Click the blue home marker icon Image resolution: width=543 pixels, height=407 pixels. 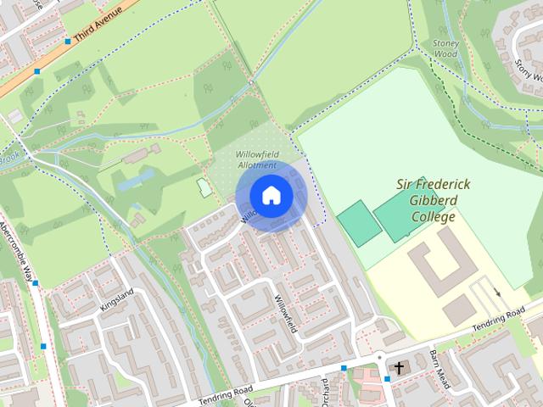pyautogui.click(x=271, y=196)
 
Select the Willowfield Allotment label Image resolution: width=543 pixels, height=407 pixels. pyautogui.click(x=256, y=159)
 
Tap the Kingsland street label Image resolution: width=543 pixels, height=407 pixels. pyautogui.click(x=117, y=298)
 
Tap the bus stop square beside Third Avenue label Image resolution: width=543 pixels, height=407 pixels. pyautogui.click(x=67, y=41)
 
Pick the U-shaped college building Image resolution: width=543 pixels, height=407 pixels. pyautogui.click(x=436, y=265)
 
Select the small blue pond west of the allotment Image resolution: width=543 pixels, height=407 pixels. pyautogui.click(x=137, y=179)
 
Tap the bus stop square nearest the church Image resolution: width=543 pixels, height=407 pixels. pyautogui.click(x=387, y=379)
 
